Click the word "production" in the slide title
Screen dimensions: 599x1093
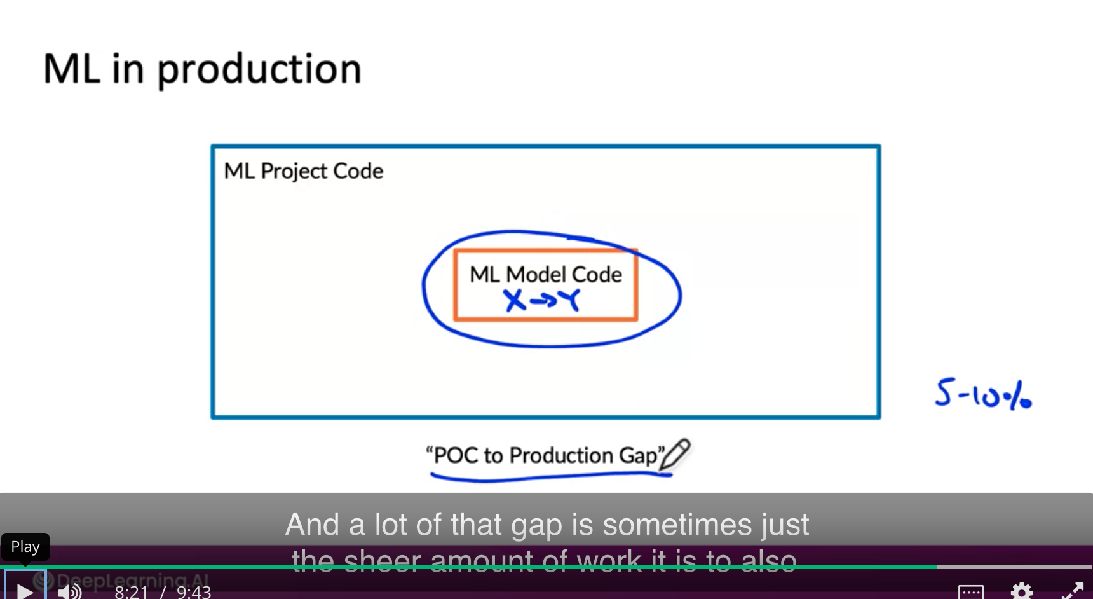pyautogui.click(x=259, y=70)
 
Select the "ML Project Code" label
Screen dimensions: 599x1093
pyautogui.click(x=304, y=171)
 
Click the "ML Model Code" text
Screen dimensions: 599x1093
pyautogui.click(x=545, y=274)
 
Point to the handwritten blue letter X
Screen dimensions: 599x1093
pyautogui.click(x=515, y=300)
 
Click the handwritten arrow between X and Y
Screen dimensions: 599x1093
pyautogui.click(x=543, y=300)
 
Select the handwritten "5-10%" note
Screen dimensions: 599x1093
pyautogui.click(x=982, y=394)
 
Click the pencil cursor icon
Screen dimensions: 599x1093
pyautogui.click(x=675, y=454)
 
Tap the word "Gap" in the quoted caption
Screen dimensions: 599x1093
pyautogui.click(x=638, y=455)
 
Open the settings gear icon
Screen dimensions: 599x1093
pyautogui.click(x=1021, y=591)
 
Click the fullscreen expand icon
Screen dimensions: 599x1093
pyautogui.click(x=1072, y=591)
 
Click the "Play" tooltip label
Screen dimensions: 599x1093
pyautogui.click(x=25, y=547)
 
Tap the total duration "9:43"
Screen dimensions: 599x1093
pyautogui.click(x=194, y=592)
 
